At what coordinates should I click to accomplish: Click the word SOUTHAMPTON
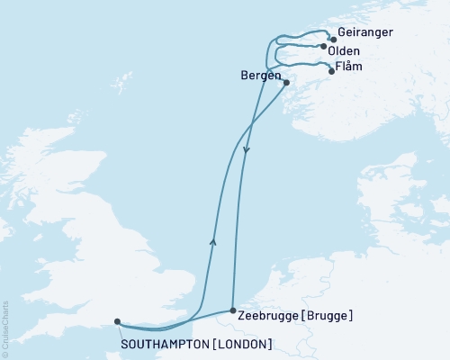(x=165, y=343)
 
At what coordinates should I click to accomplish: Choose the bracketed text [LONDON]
(x=241, y=343)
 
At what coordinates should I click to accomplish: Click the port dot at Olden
(x=324, y=46)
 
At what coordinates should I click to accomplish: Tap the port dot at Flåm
(x=331, y=71)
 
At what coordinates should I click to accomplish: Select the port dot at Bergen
(x=286, y=84)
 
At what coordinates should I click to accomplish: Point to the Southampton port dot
(x=116, y=320)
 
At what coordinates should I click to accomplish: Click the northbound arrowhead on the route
(x=213, y=239)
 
